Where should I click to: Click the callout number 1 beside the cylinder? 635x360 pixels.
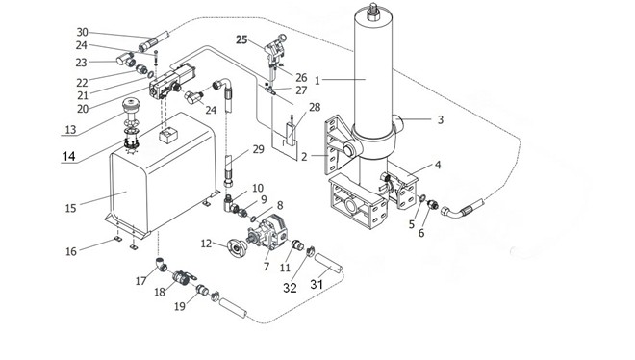[x=317, y=81]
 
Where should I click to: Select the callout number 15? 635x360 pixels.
[x=70, y=208]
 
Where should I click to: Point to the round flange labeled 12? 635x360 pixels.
[x=237, y=246]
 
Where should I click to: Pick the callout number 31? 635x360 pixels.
[x=317, y=284]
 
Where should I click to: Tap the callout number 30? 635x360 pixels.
[x=82, y=32]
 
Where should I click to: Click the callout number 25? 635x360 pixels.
[x=241, y=39]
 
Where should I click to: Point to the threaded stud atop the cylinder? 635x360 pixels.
[x=372, y=11]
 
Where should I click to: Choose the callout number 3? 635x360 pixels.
[x=441, y=120]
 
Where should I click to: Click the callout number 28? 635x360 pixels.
[x=315, y=107]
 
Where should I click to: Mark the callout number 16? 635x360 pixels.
[x=71, y=251]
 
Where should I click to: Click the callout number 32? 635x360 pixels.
[x=290, y=288]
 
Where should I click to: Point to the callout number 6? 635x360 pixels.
[x=421, y=233]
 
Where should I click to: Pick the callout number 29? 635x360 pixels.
[x=258, y=149]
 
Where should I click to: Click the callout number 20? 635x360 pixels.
[x=83, y=109]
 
